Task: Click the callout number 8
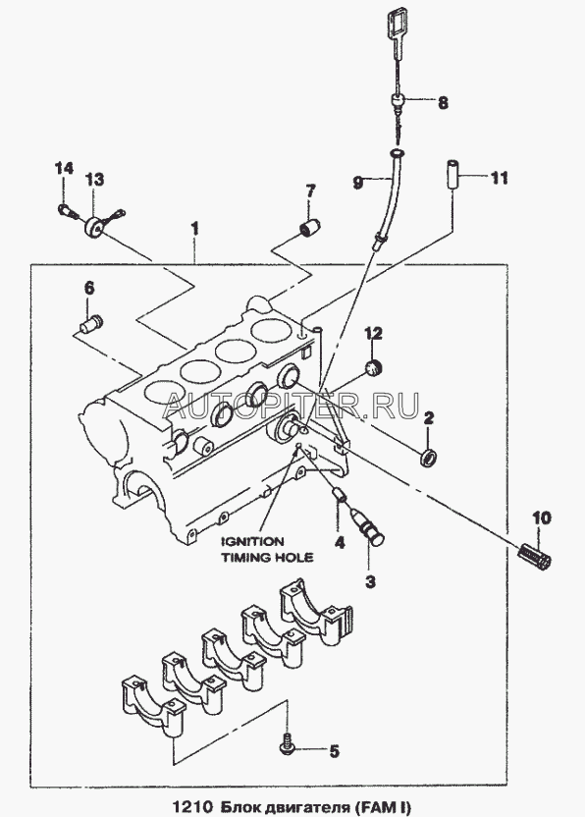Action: [443, 102]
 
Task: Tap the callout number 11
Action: [499, 178]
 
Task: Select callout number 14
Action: [65, 169]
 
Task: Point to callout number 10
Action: [541, 517]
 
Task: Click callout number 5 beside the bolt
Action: [334, 751]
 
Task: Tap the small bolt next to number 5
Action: [288, 745]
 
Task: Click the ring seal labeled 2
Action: [429, 457]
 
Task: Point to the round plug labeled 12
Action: [373, 367]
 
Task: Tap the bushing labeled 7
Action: [308, 227]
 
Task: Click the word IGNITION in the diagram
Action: [253, 541]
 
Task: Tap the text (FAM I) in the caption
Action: [384, 807]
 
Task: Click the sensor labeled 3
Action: [368, 525]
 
